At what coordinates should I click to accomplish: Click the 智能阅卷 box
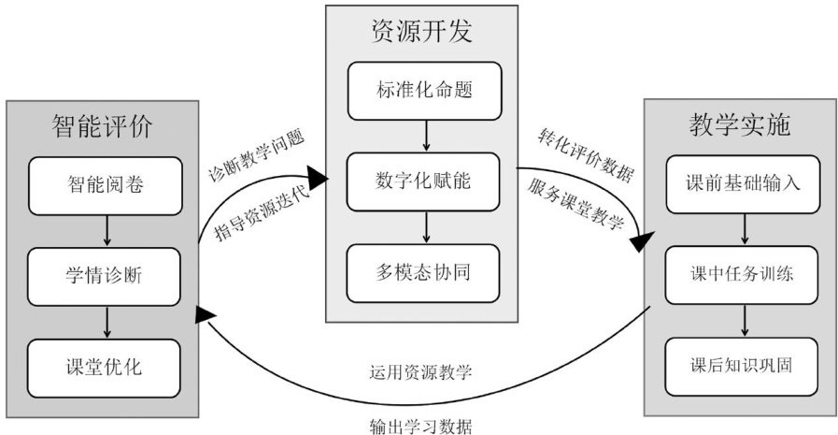[x=106, y=185]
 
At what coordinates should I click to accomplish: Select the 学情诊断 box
[x=105, y=277]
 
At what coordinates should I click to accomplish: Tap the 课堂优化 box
[x=105, y=369]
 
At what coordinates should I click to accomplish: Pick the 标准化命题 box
[x=424, y=91]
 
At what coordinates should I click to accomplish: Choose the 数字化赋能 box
[x=423, y=181]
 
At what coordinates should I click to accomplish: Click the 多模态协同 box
[x=423, y=273]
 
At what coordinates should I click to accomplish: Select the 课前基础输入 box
[x=743, y=184]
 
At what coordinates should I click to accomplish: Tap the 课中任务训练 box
[x=742, y=275]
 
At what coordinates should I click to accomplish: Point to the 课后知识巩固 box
[x=742, y=367]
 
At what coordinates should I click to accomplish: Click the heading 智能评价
[x=102, y=127]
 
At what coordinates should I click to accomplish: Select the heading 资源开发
[x=421, y=31]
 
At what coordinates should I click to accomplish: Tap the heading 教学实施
[x=740, y=124]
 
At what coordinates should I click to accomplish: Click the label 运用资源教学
[x=420, y=372]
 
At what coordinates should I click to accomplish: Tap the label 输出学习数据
[x=420, y=427]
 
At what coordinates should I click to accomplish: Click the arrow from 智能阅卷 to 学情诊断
[x=107, y=231]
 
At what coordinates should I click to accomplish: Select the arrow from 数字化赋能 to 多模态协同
[x=426, y=227]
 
